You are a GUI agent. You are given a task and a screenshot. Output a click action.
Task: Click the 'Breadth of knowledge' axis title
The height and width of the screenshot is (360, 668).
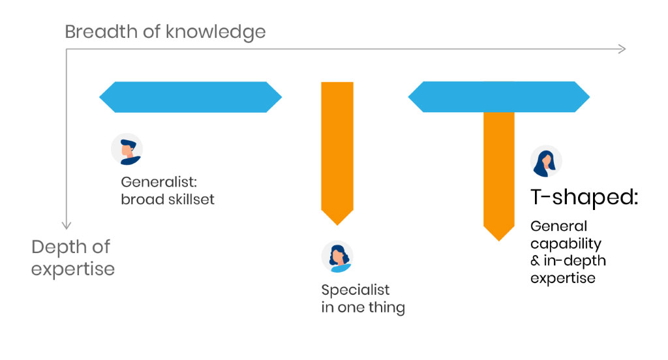point(165,32)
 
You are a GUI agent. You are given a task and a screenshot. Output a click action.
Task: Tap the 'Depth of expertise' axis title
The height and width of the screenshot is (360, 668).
point(73,258)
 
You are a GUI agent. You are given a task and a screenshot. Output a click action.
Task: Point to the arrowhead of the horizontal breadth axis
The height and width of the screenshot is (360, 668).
point(622,49)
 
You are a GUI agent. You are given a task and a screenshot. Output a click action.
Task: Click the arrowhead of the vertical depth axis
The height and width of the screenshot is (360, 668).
point(66,225)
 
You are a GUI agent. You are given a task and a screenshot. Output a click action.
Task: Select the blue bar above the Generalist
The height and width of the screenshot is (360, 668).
point(190,97)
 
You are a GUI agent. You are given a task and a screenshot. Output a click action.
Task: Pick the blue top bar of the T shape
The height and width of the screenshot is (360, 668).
point(499,97)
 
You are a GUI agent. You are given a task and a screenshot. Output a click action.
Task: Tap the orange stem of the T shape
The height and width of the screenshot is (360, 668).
point(499,175)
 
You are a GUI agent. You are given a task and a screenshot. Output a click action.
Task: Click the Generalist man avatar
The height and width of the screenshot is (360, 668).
point(127,149)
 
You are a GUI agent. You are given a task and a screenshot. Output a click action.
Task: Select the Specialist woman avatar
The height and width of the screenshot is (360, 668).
point(337,257)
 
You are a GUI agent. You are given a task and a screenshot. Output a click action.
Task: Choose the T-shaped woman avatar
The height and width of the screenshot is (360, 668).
point(546,162)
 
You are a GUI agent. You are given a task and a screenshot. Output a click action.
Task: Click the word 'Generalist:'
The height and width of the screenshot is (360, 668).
point(159,182)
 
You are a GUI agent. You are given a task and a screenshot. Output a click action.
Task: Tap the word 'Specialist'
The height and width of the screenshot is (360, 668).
point(356,290)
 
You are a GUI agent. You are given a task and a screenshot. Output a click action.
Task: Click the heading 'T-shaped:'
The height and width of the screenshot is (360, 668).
point(584,198)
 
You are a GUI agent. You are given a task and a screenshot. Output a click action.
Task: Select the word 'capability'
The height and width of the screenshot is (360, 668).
point(566,244)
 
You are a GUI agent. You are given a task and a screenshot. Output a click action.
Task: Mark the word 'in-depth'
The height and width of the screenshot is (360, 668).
point(575,261)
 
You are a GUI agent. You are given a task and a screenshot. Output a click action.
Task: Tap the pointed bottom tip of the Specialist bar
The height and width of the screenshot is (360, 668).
point(337,225)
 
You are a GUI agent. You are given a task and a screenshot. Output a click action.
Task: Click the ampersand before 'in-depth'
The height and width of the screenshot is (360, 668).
point(535,261)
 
